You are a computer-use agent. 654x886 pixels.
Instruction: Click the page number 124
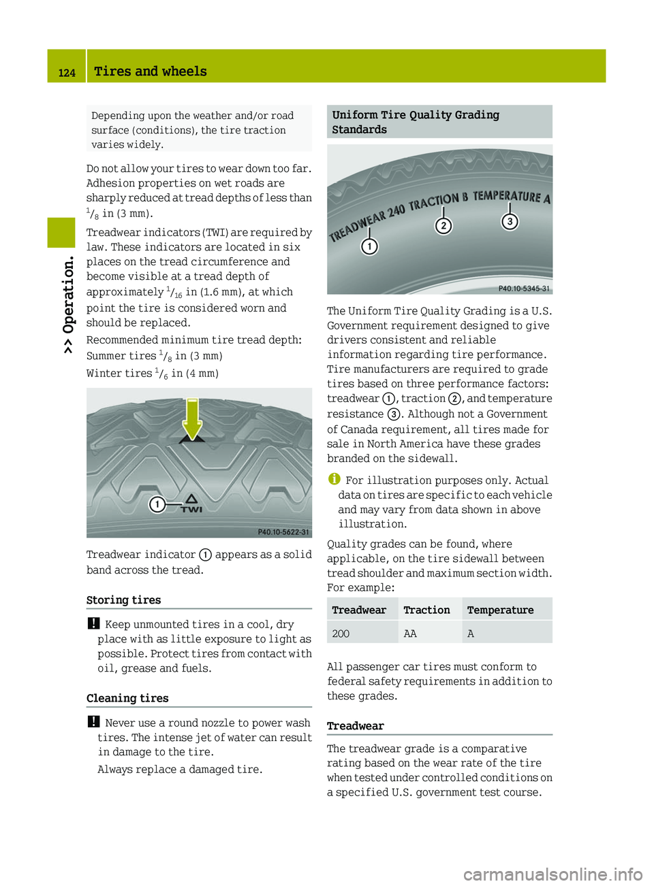[67, 73]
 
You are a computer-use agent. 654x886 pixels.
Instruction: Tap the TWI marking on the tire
[191, 504]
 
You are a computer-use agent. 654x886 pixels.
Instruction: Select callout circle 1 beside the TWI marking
[157, 504]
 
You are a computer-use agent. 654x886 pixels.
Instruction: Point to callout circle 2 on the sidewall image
[443, 226]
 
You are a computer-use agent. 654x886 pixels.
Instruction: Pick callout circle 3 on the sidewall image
[510, 221]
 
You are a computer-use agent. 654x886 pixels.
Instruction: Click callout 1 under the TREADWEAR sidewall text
[369, 246]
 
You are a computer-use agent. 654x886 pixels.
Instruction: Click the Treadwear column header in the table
[359, 610]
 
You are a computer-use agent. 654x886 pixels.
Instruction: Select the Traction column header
[426, 610]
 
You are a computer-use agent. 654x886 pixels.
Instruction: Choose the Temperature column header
[500, 610]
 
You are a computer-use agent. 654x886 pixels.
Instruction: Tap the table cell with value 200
[341, 634]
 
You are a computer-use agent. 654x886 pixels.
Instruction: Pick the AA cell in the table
[410, 634]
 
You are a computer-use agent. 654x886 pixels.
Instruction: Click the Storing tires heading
[124, 600]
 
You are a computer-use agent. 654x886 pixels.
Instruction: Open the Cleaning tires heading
[127, 698]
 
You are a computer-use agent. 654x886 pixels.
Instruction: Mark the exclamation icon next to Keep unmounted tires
[93, 623]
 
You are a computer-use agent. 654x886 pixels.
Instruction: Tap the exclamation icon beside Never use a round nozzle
[93, 722]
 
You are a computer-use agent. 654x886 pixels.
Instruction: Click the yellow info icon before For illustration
[334, 479]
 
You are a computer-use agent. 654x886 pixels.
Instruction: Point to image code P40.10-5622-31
[283, 532]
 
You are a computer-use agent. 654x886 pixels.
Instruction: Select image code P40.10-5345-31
[524, 289]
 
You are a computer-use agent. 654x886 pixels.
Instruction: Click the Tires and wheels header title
[151, 71]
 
